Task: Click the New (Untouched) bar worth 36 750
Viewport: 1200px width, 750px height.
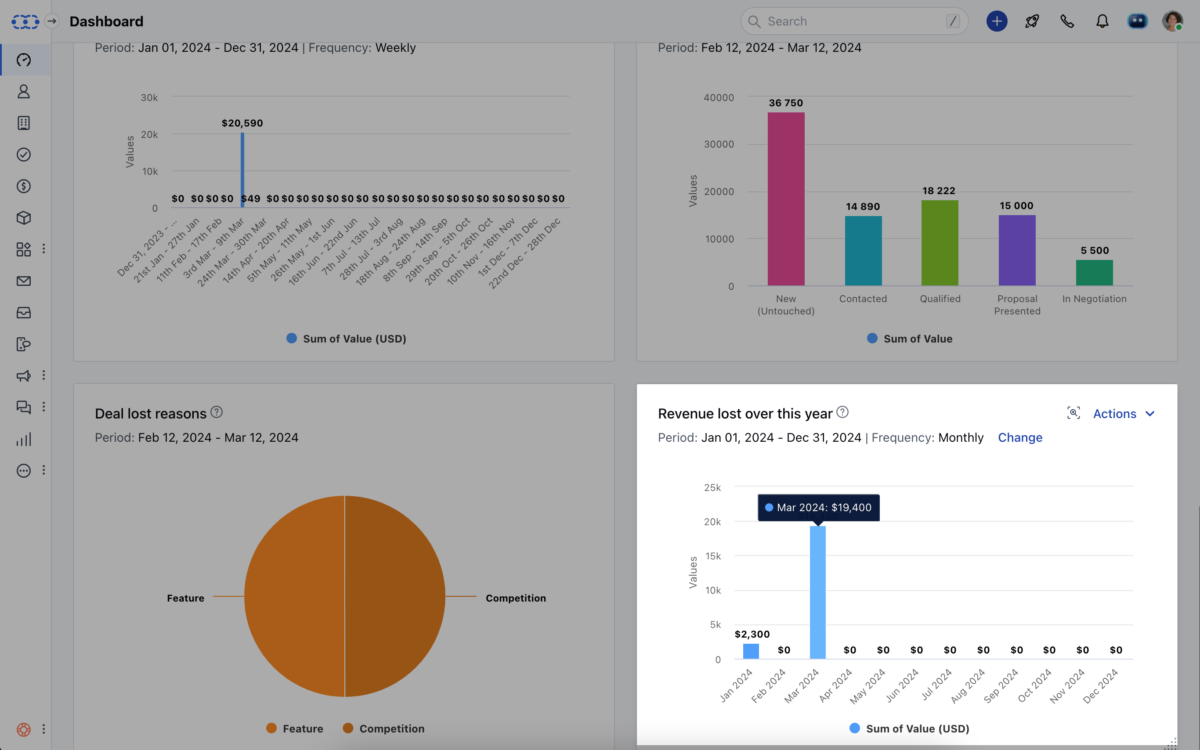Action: tap(786, 198)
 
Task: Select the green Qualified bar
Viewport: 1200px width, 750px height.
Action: tap(940, 243)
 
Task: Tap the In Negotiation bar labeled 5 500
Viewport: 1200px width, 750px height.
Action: tap(1094, 273)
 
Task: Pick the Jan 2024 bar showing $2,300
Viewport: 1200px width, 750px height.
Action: tap(751, 651)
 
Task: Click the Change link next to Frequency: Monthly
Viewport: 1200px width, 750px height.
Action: tap(1019, 437)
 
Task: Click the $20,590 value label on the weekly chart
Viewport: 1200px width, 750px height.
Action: tap(242, 123)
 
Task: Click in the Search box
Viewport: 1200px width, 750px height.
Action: tap(853, 22)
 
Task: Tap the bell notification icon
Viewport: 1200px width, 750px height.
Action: tap(1102, 22)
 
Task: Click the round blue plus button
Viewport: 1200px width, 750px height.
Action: tap(997, 22)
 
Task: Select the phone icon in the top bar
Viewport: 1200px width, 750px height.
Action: tap(1067, 22)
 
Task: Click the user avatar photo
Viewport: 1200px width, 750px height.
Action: tap(1172, 22)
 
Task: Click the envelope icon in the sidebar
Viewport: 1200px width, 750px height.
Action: tap(24, 281)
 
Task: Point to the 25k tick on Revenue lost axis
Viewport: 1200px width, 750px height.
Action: tap(712, 487)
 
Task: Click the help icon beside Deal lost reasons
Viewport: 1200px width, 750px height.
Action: tap(216, 412)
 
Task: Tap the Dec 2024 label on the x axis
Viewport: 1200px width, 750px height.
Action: tap(1100, 686)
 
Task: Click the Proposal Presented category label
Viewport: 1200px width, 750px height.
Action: tap(1017, 305)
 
